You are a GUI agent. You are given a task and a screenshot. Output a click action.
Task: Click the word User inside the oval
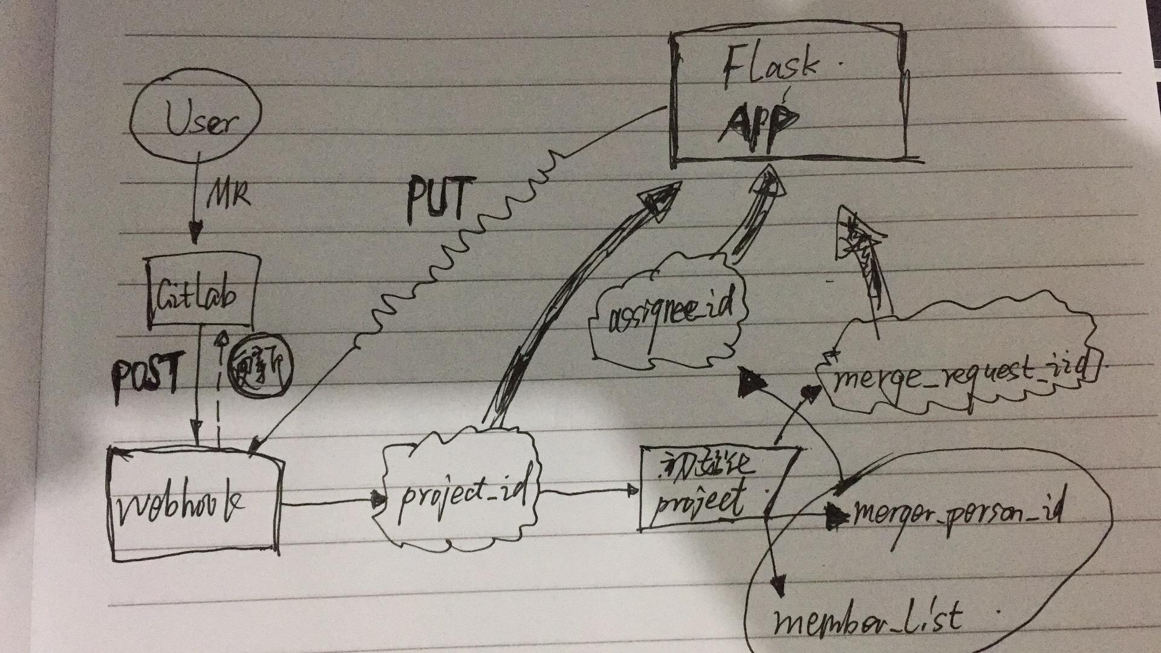tap(198, 122)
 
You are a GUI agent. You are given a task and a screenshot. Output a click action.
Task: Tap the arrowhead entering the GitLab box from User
tap(195, 235)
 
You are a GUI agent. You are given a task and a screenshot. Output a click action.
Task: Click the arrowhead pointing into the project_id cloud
tap(380, 499)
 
